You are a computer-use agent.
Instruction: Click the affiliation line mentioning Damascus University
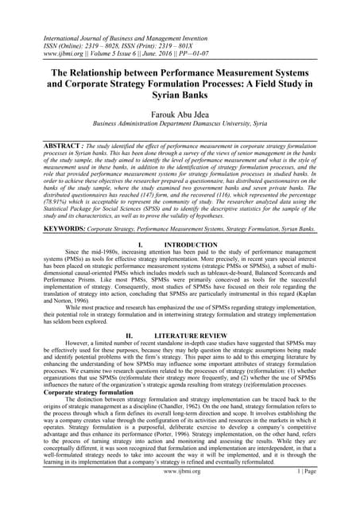tap(180, 124)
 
